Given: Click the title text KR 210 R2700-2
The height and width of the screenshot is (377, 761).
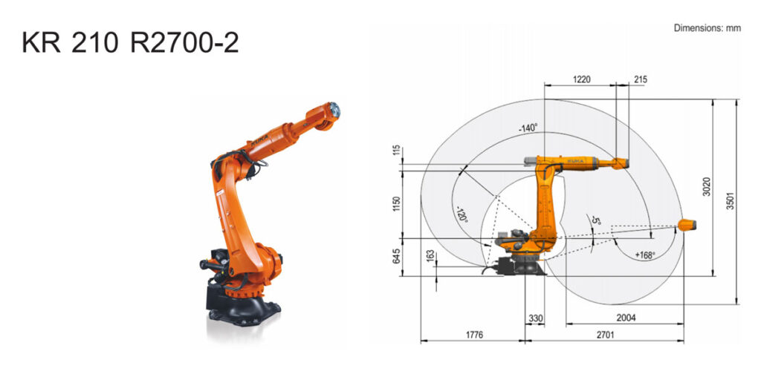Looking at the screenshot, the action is (x=130, y=44).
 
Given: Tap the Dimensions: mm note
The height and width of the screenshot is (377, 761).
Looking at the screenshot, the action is (x=707, y=28).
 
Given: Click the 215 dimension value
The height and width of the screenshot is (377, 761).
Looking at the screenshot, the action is (x=640, y=79).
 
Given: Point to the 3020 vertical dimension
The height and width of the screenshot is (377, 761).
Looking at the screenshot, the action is (x=707, y=187).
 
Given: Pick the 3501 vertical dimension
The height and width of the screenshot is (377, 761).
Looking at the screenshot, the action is (x=731, y=200).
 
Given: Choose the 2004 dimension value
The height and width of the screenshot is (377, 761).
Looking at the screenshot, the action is (x=626, y=318).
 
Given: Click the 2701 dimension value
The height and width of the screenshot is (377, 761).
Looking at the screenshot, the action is (x=604, y=335).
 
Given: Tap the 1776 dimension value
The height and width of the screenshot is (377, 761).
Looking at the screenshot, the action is (x=474, y=335).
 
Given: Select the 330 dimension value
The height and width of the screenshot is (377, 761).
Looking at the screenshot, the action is (x=535, y=318).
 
